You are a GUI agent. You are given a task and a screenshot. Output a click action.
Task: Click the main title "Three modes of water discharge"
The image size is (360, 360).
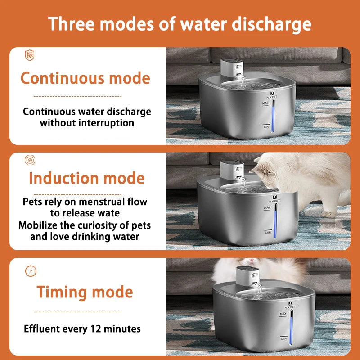(x=180, y=23)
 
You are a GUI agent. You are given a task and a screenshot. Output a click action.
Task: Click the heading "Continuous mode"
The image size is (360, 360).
(x=85, y=78)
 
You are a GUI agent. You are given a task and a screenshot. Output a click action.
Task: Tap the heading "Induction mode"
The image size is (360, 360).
(x=86, y=178)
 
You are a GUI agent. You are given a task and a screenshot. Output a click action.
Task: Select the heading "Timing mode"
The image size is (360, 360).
(x=85, y=292)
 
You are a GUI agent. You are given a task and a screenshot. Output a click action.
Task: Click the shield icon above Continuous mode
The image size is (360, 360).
(x=30, y=56)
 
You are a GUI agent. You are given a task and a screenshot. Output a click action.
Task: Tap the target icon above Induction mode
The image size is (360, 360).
(x=30, y=159)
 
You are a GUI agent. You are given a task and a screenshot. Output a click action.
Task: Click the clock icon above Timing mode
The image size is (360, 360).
(x=31, y=271)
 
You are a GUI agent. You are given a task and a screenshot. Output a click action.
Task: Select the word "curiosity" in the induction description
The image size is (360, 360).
(x=99, y=225)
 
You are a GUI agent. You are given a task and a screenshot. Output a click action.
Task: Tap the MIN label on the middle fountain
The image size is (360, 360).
(x=268, y=232)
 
